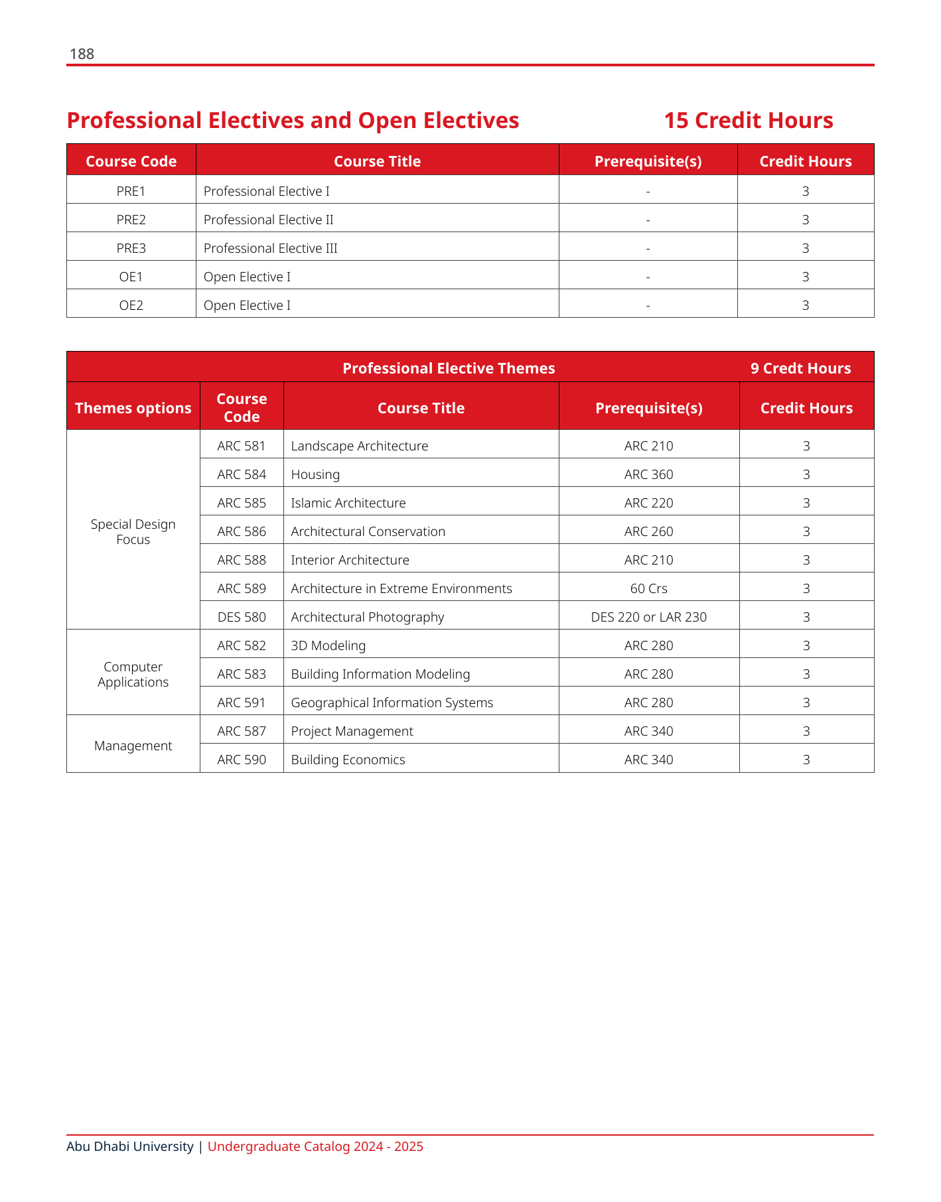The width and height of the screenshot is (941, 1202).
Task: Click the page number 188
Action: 82,54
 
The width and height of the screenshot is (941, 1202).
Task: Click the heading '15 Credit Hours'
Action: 748,121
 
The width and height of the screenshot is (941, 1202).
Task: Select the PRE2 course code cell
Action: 131,220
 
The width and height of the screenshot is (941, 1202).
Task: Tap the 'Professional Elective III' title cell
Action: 270,248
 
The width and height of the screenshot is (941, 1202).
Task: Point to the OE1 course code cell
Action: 131,277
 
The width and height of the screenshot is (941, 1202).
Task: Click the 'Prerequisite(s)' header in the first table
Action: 648,161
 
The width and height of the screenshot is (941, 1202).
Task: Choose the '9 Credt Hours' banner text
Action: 800,368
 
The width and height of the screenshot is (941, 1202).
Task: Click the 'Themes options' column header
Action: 133,408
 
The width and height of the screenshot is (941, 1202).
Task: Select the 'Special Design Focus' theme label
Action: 133,531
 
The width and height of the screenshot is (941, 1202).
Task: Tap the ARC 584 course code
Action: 242,474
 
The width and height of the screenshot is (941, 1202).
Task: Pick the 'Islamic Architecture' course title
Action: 348,503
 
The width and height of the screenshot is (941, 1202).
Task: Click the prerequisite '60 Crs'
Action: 648,588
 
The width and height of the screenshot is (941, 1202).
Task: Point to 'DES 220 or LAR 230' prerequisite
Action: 648,617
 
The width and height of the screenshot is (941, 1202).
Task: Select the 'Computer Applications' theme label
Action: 133,674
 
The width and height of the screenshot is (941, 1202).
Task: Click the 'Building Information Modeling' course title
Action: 380,674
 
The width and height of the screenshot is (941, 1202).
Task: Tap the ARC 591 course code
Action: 242,702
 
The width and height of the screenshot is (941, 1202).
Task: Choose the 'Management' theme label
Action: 133,746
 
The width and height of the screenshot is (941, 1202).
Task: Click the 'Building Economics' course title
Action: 348,760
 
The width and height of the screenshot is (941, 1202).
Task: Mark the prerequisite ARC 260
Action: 648,531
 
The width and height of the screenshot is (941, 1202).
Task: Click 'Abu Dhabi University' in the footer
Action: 130,1146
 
